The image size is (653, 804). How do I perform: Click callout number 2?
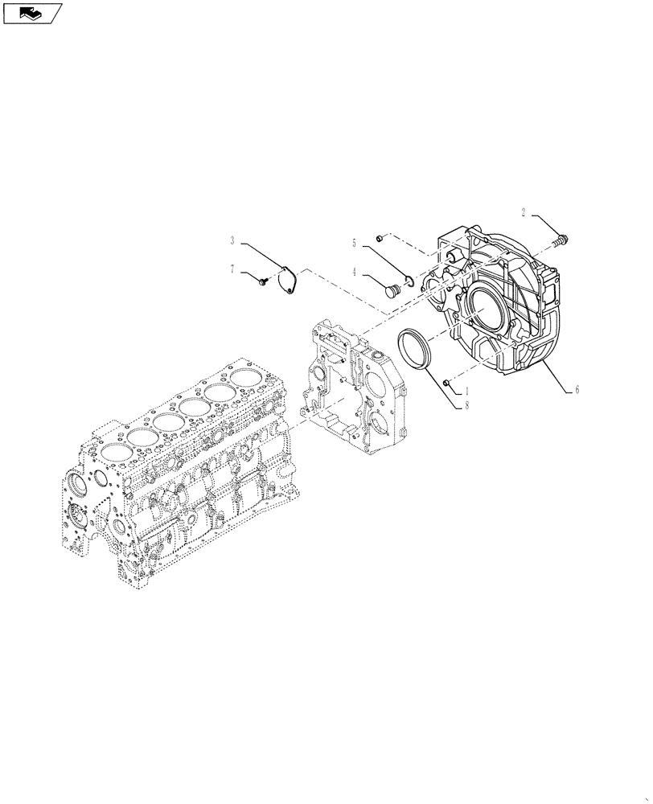[524, 213]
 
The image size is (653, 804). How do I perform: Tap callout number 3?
[232, 240]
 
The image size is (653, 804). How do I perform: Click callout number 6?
[577, 390]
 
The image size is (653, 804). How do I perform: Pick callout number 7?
[232, 269]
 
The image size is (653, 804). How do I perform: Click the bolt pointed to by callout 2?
[561, 237]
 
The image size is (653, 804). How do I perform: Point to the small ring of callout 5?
[409, 280]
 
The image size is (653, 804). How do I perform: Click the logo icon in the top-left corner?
[31, 13]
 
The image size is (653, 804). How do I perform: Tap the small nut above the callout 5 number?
[378, 238]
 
